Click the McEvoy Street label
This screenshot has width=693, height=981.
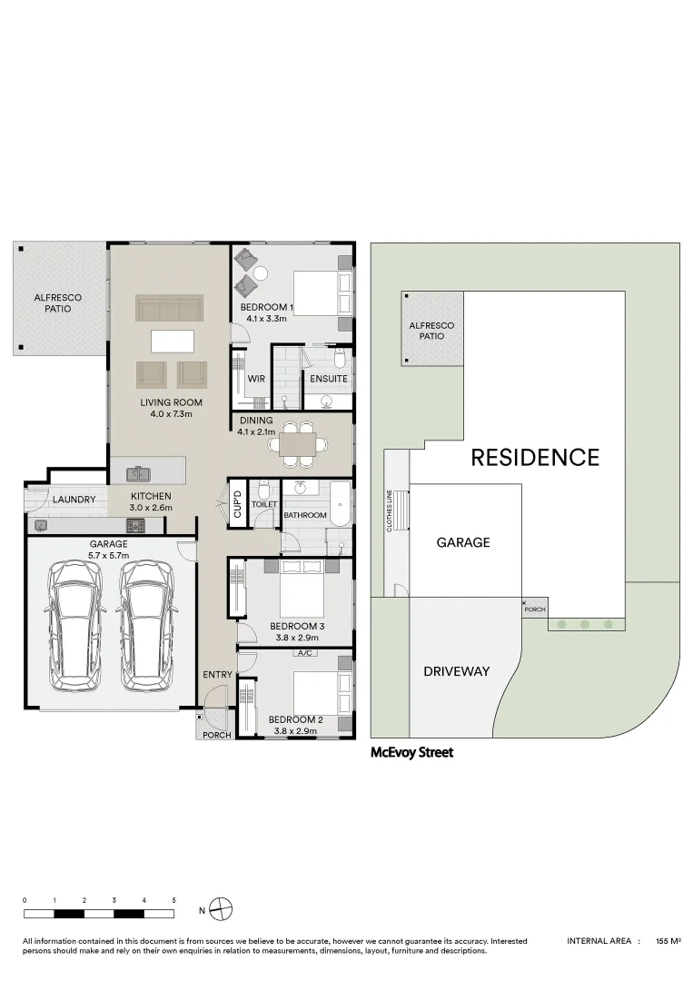tap(411, 752)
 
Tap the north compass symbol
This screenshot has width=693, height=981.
tap(221, 908)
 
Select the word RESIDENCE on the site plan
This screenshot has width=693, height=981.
tap(535, 457)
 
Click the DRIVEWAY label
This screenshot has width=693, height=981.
tap(456, 671)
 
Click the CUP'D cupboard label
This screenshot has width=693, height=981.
tap(237, 503)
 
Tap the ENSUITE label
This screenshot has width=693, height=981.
tap(328, 378)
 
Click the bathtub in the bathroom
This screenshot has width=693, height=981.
tap(340, 504)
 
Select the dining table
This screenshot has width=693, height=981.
tap(299, 444)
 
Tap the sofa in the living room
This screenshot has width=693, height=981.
tap(170, 308)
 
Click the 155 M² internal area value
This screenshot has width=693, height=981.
tap(668, 942)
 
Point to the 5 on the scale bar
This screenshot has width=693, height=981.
tap(173, 899)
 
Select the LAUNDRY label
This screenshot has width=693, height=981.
tap(74, 500)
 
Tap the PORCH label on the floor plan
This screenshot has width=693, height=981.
tap(216, 735)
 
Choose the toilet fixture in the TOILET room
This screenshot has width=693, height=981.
tap(262, 486)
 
